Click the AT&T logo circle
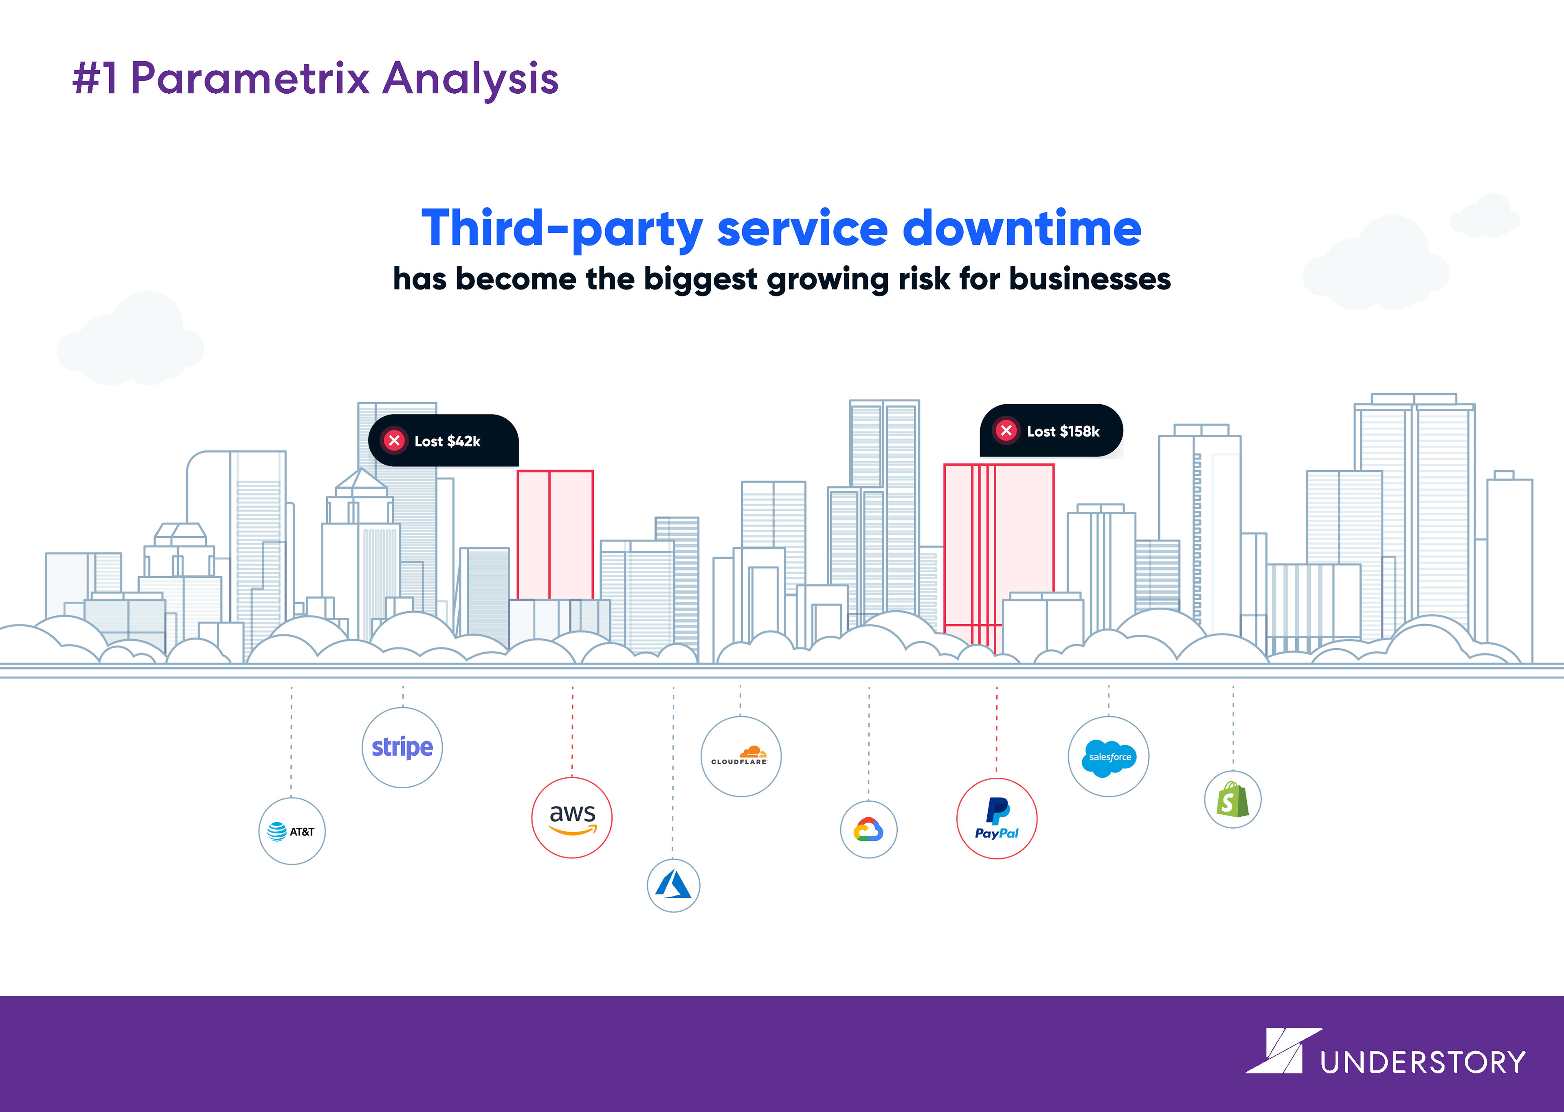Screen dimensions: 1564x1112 [x=292, y=831]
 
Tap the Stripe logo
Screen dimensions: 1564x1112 [x=402, y=748]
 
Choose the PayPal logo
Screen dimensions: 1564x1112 [x=996, y=818]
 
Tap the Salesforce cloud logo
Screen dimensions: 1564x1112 [x=1109, y=757]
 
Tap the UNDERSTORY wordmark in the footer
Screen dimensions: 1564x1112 [x=1423, y=1062]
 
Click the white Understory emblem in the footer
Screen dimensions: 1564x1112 [x=1283, y=1051]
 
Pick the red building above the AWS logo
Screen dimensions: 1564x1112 [x=555, y=535]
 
